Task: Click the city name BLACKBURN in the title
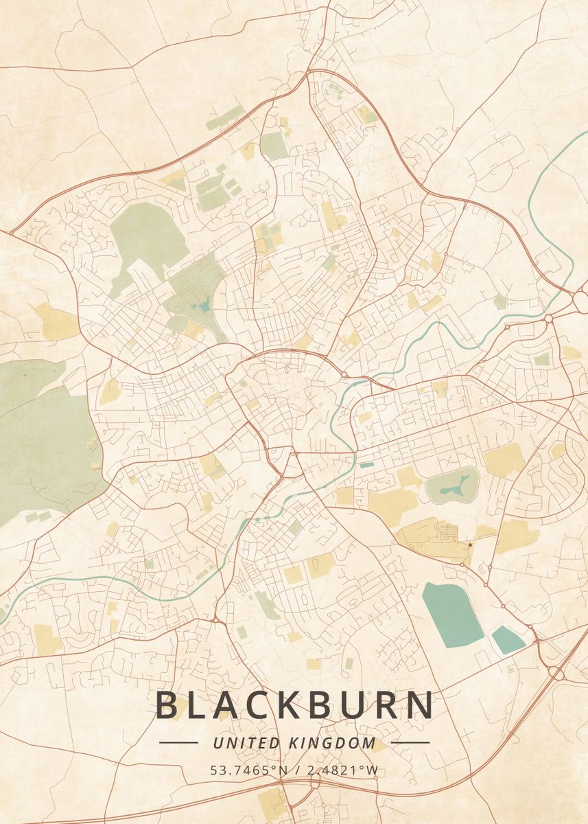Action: click(x=294, y=706)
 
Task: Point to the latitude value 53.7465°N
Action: click(x=249, y=770)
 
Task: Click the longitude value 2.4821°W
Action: click(x=342, y=770)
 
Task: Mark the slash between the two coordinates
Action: click(x=297, y=770)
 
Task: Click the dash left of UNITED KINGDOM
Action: click(x=178, y=742)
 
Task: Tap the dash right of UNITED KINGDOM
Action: click(x=410, y=742)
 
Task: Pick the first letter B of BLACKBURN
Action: click(x=166, y=706)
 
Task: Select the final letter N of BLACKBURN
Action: click(x=421, y=706)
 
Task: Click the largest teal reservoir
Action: click(x=452, y=613)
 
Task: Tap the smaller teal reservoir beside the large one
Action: click(x=508, y=639)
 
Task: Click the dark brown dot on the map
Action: click(x=470, y=545)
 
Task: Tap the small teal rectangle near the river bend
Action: click(x=367, y=465)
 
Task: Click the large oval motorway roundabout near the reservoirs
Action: click(x=557, y=674)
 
